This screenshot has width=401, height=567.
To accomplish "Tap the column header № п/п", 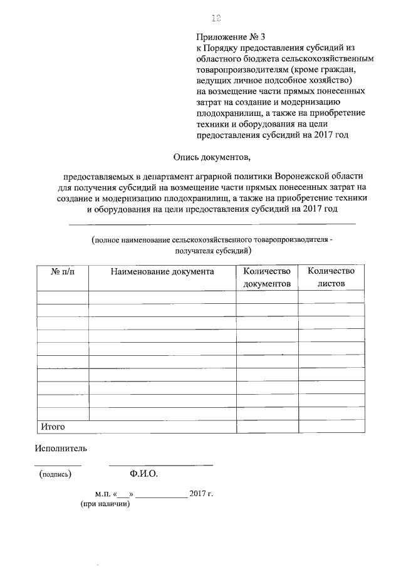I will pos(62,271).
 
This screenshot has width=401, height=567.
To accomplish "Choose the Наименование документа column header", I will pos(162,271).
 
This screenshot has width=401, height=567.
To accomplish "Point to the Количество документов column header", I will pos(268,277).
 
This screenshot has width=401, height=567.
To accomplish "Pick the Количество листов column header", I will pos(331,277).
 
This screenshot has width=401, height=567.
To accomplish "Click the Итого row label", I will pos(53,427).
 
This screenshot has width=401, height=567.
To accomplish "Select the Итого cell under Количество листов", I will pos(332,427).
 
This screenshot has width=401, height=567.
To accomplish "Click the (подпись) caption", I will pos(55,474).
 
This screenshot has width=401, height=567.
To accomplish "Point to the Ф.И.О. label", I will pos(143,474).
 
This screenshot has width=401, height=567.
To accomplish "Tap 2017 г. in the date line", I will pos(201,494).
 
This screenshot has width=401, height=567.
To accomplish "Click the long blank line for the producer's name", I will pos(211,224).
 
